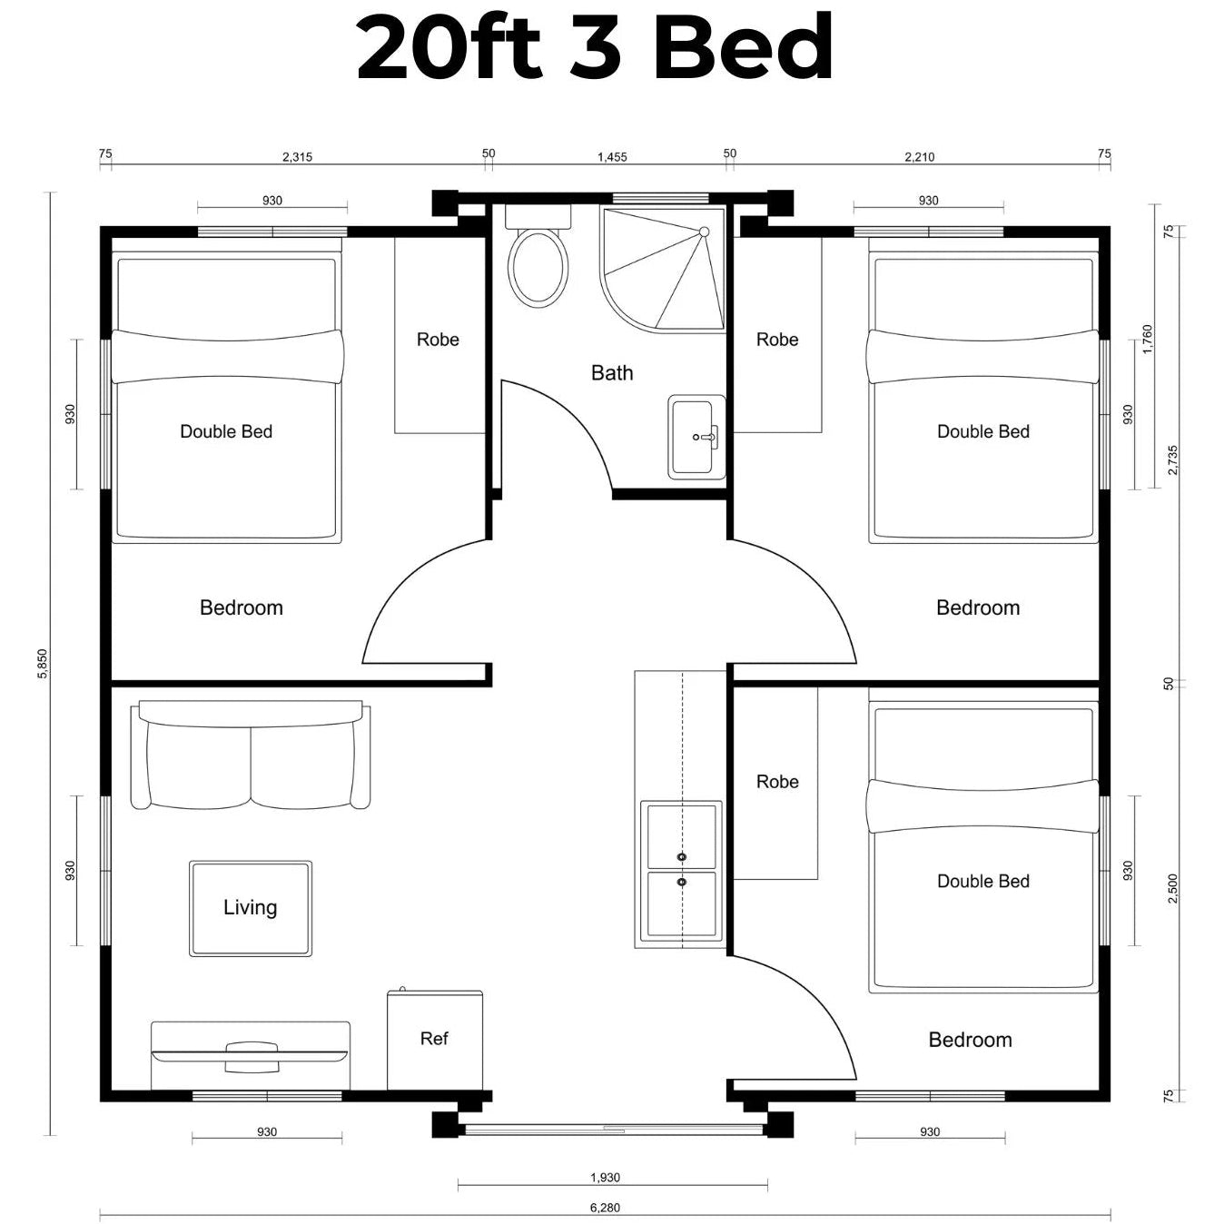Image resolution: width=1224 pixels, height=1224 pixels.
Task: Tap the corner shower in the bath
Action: point(663,270)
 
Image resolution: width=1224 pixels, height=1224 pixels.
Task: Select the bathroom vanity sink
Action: point(696,437)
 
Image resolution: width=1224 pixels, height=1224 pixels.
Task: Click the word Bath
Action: point(612,372)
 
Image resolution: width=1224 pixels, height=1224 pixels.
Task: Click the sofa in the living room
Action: point(251,755)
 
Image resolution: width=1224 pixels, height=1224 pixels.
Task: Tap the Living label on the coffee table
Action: point(250,907)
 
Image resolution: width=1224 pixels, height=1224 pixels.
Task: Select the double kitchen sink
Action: point(681,870)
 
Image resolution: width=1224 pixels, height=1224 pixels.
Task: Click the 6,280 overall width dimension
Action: point(605,1208)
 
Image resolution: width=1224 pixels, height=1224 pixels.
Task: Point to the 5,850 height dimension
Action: point(42,663)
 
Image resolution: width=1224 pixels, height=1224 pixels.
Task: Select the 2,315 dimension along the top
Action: point(297,157)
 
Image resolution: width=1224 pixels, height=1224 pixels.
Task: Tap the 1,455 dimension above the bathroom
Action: point(612,157)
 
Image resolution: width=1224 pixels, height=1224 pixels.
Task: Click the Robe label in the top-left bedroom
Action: point(438,340)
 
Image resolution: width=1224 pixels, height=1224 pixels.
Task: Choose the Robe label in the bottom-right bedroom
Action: point(777,781)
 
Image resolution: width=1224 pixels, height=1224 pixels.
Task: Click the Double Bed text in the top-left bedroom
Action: point(226,431)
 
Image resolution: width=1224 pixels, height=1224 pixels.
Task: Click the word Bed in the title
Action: point(743,47)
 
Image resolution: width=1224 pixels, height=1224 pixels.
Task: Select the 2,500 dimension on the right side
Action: point(1172,888)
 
